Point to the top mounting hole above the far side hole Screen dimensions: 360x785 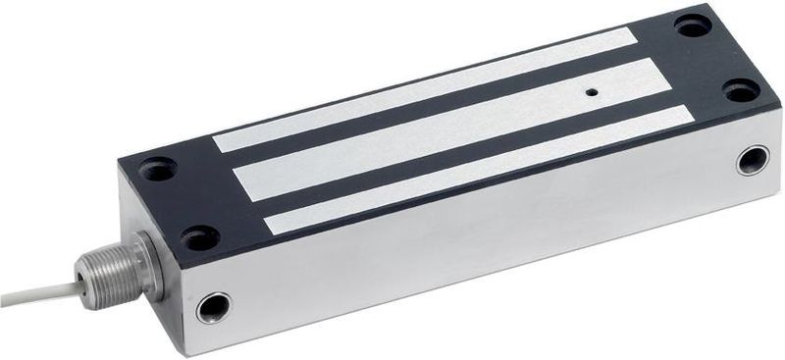point(741,92)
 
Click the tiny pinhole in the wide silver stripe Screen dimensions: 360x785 point(592,93)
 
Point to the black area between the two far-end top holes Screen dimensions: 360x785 point(717,59)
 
